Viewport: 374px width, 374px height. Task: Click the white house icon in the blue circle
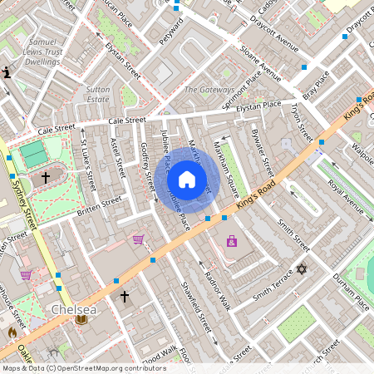point(187,180)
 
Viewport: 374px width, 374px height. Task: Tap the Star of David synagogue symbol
point(302,270)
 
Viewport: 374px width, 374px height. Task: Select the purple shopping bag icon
point(231,242)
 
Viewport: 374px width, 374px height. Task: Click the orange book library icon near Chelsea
point(81,319)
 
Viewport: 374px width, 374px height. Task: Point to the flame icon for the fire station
point(12,332)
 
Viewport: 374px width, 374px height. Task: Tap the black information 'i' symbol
point(7,72)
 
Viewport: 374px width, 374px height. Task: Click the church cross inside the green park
point(45,176)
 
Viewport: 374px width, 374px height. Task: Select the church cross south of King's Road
point(125,296)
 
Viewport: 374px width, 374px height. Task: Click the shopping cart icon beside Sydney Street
point(26,275)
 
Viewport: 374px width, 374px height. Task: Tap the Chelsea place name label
point(74,308)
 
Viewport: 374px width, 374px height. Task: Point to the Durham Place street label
point(351,291)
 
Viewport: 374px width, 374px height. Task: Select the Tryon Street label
point(301,121)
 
